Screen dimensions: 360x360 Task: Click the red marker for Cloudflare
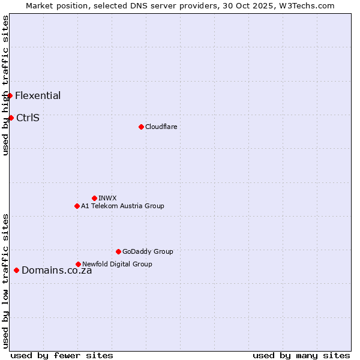[141, 127]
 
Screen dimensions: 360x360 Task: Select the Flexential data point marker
[10, 96]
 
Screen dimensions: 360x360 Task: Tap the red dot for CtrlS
[11, 118]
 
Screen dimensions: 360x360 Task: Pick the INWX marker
[94, 198]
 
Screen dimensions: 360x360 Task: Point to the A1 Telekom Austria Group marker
[77, 206]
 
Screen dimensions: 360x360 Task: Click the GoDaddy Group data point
[118, 251]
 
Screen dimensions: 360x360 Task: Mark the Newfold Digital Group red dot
[78, 264]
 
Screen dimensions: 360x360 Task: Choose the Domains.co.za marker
[16, 271]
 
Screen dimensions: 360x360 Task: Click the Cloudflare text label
[161, 127]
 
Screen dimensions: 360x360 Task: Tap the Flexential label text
[38, 96]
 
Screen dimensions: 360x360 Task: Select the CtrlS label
[28, 118]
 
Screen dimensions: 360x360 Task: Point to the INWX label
[107, 198]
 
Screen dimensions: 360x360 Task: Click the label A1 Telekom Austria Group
[122, 206]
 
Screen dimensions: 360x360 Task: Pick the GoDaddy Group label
[148, 251]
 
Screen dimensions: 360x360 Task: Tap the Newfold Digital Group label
[117, 264]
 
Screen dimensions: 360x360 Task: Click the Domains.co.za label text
[56, 271]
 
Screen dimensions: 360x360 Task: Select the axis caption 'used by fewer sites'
[62, 355]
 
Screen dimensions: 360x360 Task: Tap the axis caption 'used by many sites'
[301, 355]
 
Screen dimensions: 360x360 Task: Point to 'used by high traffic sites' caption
[5, 86]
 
